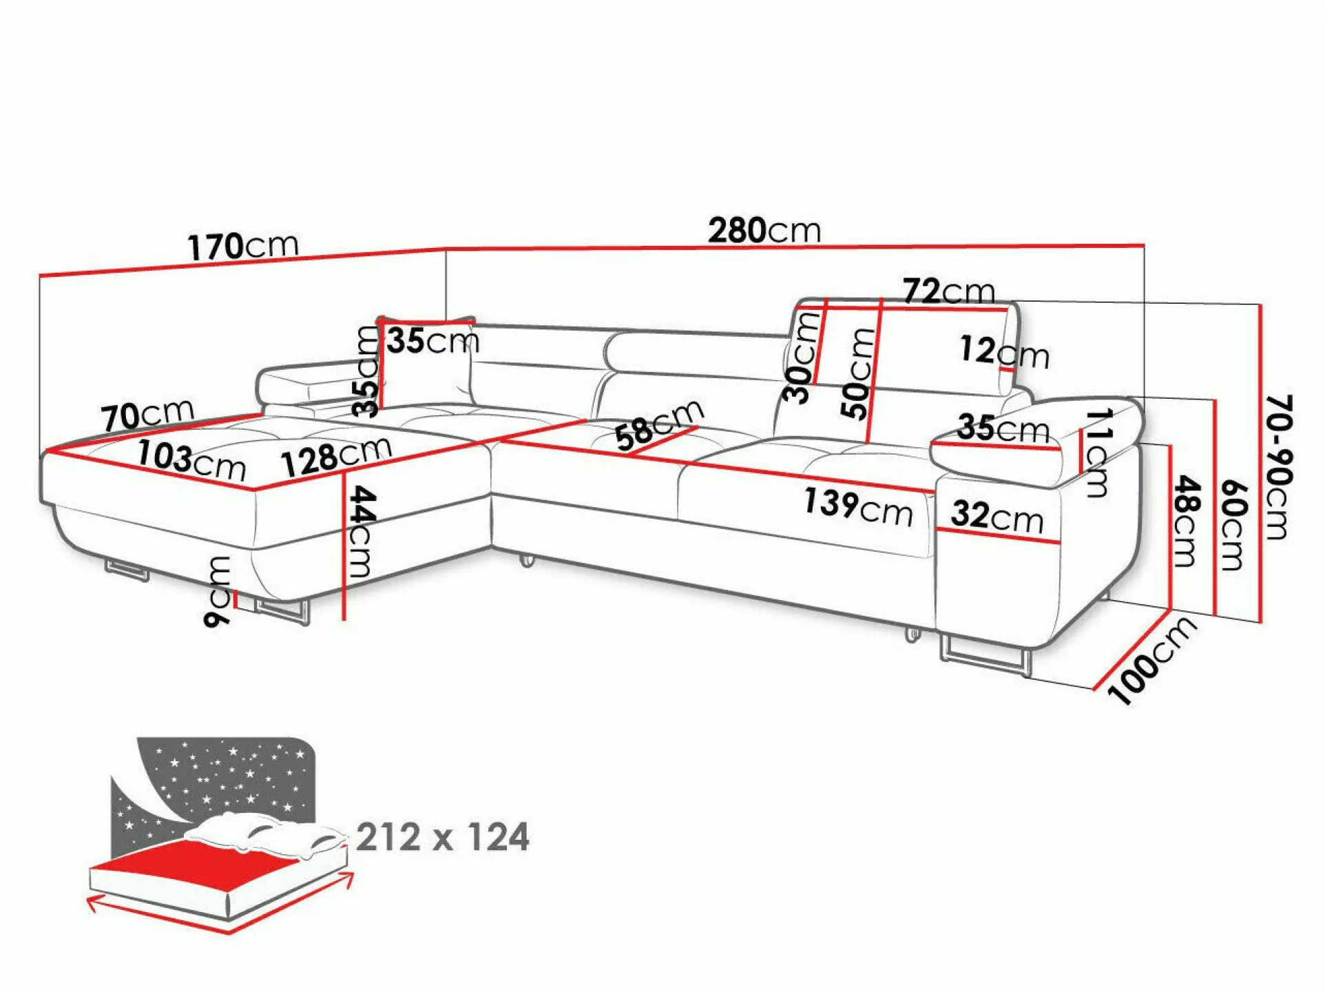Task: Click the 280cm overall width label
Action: click(764, 231)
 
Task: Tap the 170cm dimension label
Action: click(242, 246)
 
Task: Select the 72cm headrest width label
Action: click(948, 291)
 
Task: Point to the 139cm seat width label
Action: click(857, 506)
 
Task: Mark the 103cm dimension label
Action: click(191, 460)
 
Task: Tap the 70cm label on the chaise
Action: click(147, 415)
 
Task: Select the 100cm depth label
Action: click(1151, 660)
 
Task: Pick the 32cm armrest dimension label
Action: click(996, 516)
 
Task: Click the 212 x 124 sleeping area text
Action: click(443, 838)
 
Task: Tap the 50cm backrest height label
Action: click(858, 373)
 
